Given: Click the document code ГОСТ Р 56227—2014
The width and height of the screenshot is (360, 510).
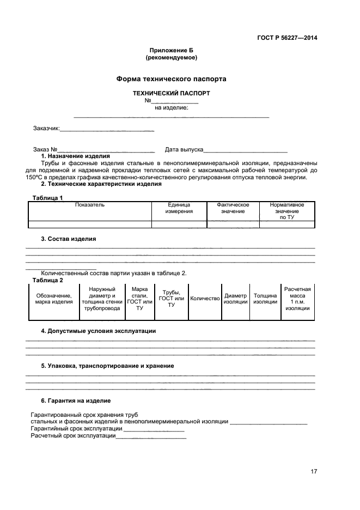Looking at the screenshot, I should (287, 38).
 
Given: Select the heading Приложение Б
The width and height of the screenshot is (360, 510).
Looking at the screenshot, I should (171, 50).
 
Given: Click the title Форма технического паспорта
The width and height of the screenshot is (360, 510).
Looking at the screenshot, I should (171, 79).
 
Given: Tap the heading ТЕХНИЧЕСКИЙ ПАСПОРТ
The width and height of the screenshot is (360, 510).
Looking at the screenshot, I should (171, 93).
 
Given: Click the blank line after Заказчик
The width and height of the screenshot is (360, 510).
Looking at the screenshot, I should (107, 130).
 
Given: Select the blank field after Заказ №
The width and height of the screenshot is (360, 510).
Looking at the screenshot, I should (106, 150).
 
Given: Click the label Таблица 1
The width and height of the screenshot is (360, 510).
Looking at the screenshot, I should (48, 197).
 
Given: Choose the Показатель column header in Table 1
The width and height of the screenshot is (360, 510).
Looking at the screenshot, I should (90, 205).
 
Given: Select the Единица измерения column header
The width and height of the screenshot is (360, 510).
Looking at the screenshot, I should (179, 208).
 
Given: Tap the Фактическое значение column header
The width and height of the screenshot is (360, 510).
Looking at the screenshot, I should (233, 208).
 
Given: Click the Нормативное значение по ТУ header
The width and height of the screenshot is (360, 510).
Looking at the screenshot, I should (286, 211).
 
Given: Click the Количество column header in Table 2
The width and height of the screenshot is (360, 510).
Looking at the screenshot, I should (205, 299).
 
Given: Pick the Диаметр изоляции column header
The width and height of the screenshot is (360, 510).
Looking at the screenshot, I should (235, 299).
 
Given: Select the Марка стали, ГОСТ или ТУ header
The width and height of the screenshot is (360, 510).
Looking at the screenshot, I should (139, 299).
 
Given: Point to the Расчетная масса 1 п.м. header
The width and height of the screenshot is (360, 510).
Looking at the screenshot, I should (297, 299).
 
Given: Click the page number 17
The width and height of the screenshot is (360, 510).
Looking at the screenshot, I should (314, 472).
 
